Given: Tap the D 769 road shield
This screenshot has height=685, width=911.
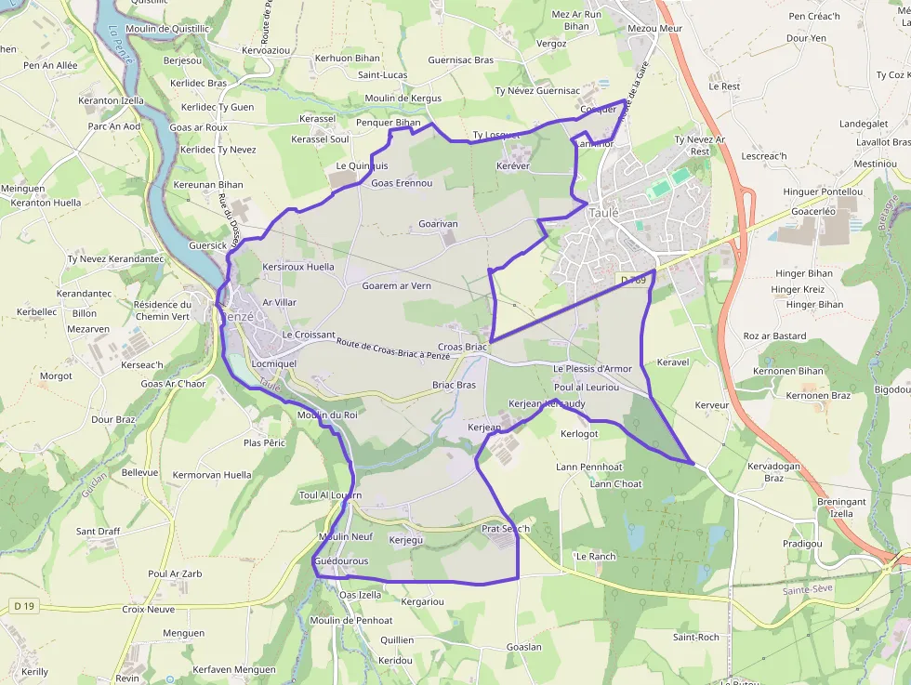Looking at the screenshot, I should pyautogui.click(x=632, y=280).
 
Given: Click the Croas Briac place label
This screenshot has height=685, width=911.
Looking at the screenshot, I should pyautogui.click(x=463, y=347).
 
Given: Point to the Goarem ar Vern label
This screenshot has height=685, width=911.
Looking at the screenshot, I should pyautogui.click(x=396, y=286).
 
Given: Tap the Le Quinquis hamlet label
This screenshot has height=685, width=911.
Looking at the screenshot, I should pyautogui.click(x=362, y=166).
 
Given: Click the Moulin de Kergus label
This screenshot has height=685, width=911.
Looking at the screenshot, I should pyautogui.click(x=403, y=99).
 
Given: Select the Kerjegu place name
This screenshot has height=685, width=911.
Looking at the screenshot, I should pyautogui.click(x=405, y=540).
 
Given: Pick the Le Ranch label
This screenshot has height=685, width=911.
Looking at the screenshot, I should pyautogui.click(x=595, y=557).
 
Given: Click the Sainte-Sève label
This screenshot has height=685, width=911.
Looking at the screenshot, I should pyautogui.click(x=807, y=589).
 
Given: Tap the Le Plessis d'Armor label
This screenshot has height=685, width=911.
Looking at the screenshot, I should pyautogui.click(x=592, y=369).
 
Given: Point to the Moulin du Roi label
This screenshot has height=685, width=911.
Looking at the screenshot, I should pyautogui.click(x=327, y=415).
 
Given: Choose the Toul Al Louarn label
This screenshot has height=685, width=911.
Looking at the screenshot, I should pyautogui.click(x=330, y=495).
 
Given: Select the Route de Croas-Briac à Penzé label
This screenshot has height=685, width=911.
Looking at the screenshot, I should pyautogui.click(x=393, y=349).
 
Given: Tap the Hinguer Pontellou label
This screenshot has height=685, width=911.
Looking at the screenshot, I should pyautogui.click(x=823, y=192).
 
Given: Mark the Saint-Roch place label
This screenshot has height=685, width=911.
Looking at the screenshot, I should pyautogui.click(x=695, y=638).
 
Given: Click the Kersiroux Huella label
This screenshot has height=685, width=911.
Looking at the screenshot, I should pyautogui.click(x=298, y=267).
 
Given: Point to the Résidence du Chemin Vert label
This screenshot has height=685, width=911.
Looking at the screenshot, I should pyautogui.click(x=162, y=310).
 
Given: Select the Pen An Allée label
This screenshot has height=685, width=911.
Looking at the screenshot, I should pyautogui.click(x=50, y=66).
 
